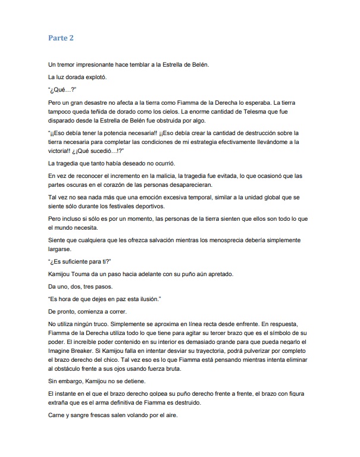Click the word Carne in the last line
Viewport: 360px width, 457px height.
(58, 415)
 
